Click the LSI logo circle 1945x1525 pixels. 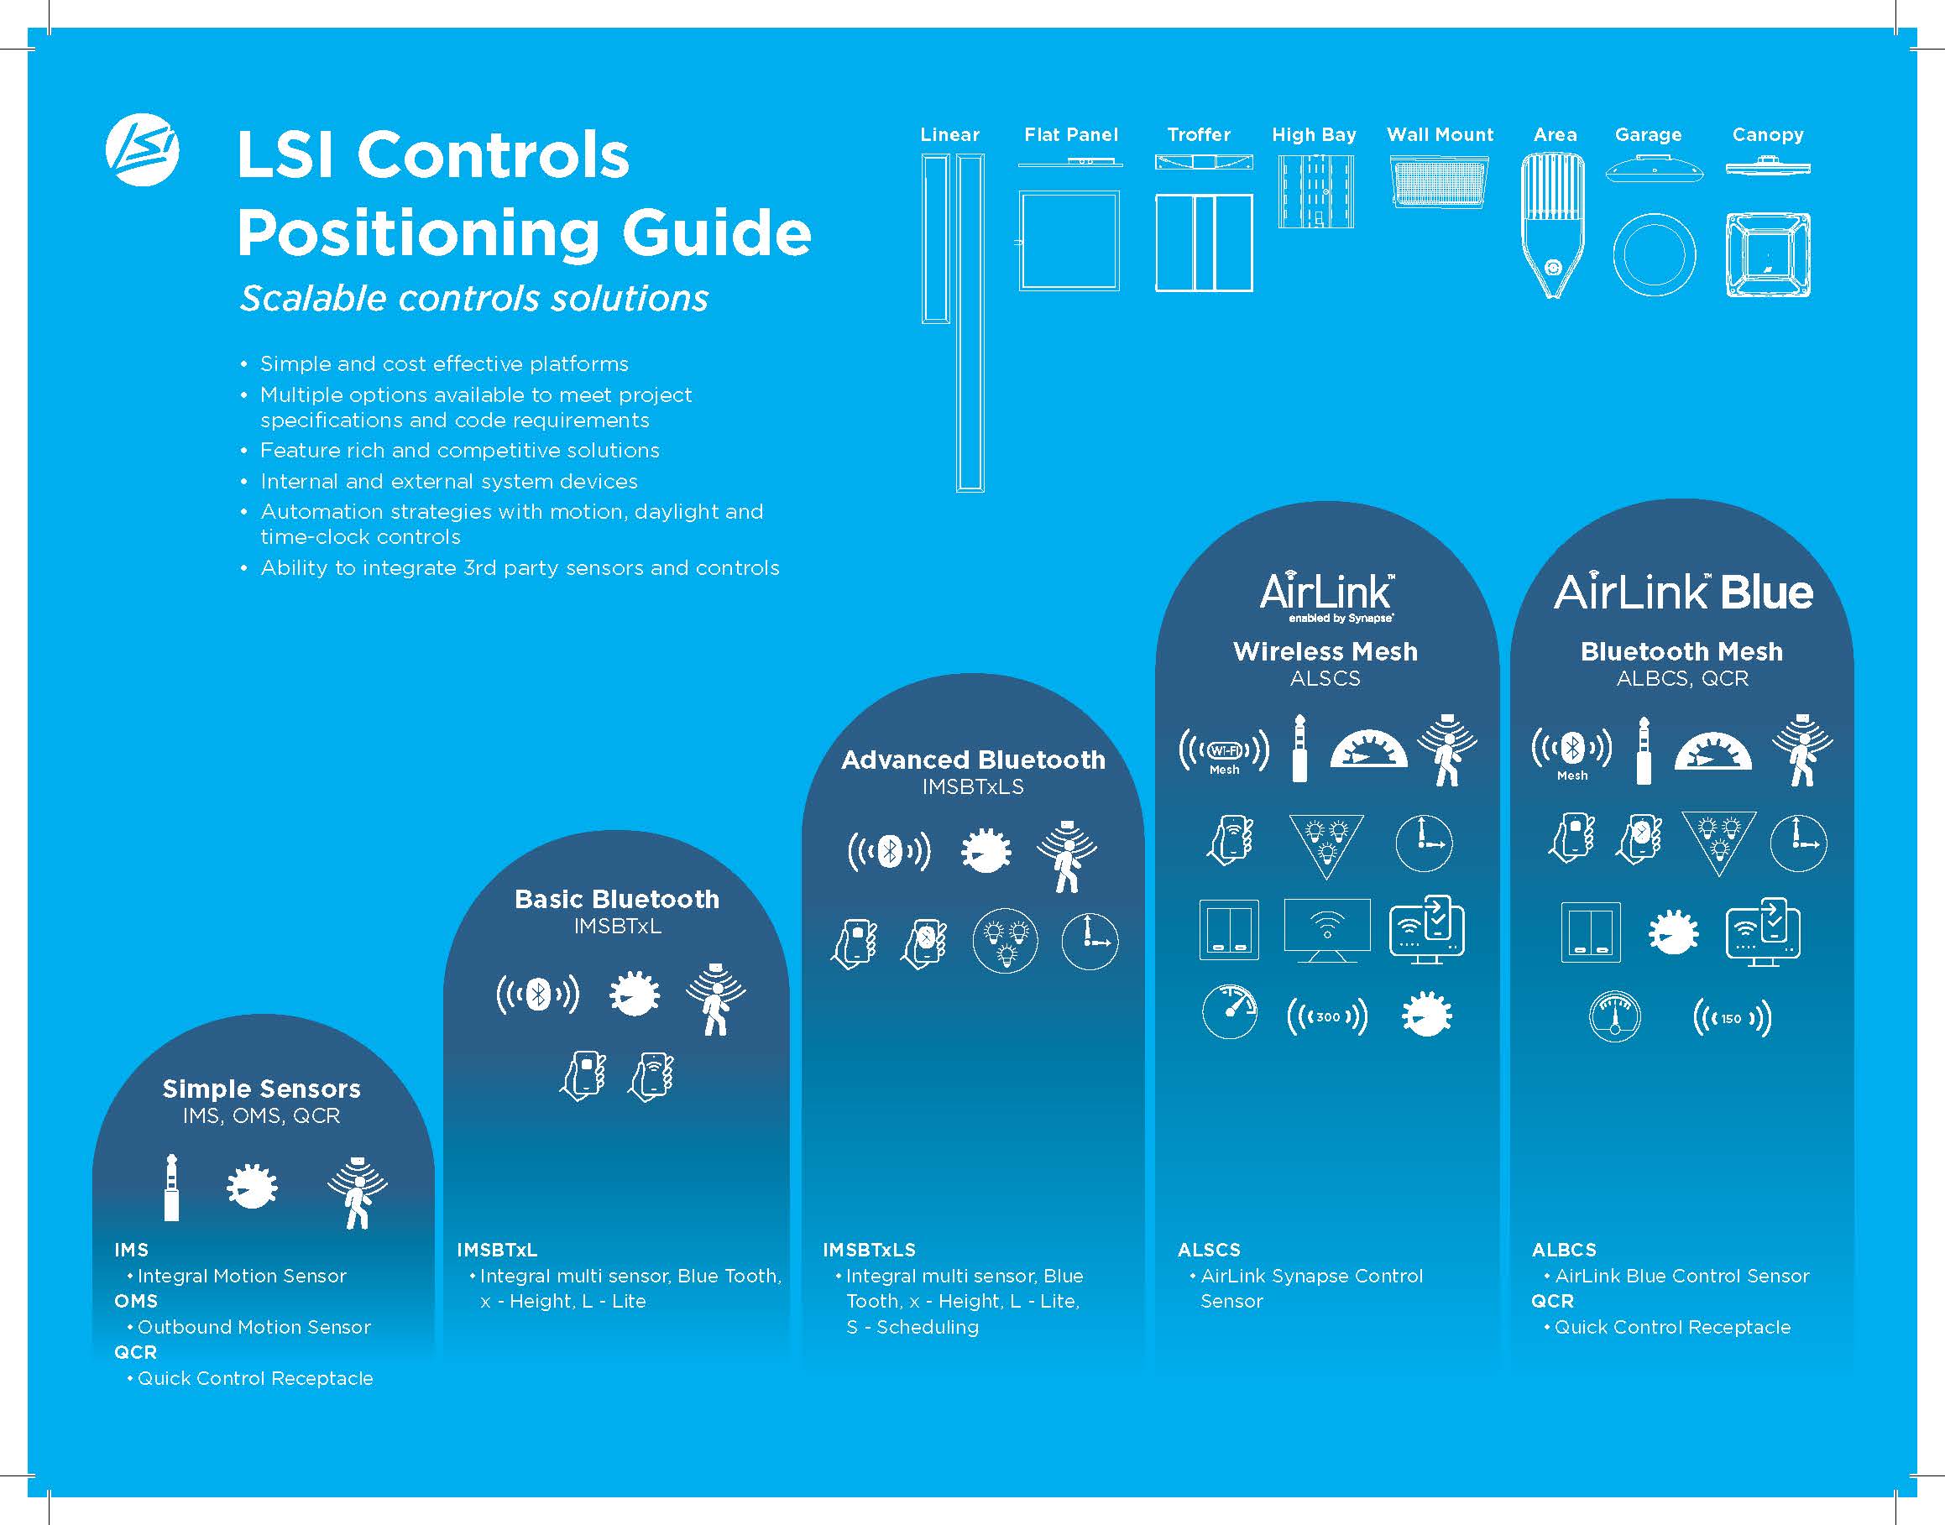[142, 150]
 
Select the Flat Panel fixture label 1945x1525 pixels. [1071, 135]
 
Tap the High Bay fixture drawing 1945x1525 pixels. [1315, 191]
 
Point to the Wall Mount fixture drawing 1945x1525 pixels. [1440, 182]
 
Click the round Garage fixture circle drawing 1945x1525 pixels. [1654, 254]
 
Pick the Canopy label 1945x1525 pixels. [1767, 135]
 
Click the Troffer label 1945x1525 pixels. [1199, 135]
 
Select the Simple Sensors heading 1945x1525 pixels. [262, 1089]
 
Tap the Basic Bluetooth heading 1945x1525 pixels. [617, 899]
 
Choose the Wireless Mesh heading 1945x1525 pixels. [1325, 652]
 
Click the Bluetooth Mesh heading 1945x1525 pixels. [1681, 652]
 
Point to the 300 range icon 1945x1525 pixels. [1327, 1017]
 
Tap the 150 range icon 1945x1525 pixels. [1732, 1018]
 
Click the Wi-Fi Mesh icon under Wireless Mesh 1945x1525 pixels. [1224, 753]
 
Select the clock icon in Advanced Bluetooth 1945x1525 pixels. [1090, 941]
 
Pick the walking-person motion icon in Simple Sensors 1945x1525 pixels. [358, 1193]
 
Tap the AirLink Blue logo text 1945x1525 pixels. [1683, 592]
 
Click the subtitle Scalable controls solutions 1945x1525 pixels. [474, 298]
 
